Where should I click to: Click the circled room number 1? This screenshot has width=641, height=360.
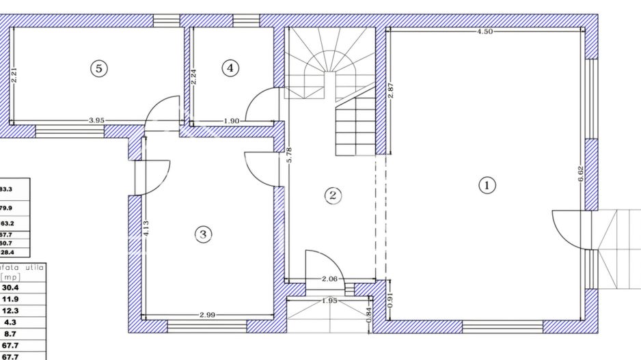(x=487, y=184)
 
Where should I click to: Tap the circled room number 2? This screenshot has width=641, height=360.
(x=333, y=195)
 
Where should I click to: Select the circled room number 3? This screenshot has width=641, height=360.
(x=202, y=234)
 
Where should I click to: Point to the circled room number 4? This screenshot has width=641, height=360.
(x=230, y=68)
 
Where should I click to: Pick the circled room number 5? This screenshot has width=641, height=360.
(x=99, y=68)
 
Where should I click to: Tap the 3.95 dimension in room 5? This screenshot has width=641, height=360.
(x=96, y=121)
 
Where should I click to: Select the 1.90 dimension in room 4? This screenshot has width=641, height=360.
(x=232, y=121)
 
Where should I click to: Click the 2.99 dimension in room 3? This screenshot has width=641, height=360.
(x=208, y=315)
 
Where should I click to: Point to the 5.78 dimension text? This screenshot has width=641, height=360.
(x=289, y=154)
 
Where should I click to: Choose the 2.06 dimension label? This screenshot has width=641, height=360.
(x=331, y=279)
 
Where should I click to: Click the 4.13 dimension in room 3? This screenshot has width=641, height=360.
(x=146, y=227)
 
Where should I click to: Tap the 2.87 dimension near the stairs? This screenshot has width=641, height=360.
(x=390, y=92)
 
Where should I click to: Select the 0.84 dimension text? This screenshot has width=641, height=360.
(x=369, y=314)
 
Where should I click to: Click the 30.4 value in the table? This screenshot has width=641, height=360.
(x=10, y=288)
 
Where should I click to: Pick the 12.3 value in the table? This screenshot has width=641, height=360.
(x=10, y=310)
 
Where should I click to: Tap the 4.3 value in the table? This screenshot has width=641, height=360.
(x=10, y=322)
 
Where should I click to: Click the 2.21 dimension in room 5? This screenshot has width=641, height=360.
(x=14, y=75)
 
